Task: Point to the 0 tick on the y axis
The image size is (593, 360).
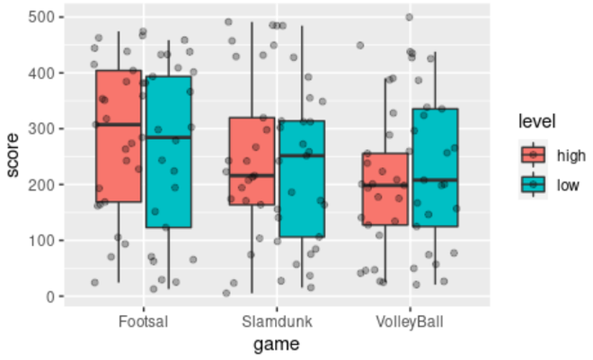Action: tap(49, 296)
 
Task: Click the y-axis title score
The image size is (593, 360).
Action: tap(13, 156)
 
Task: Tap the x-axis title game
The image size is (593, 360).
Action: tap(276, 343)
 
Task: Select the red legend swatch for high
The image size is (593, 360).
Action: tap(533, 154)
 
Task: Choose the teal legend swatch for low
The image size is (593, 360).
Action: tap(533, 184)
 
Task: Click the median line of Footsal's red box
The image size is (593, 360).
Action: tap(118, 124)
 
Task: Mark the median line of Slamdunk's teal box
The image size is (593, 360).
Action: tap(301, 155)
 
